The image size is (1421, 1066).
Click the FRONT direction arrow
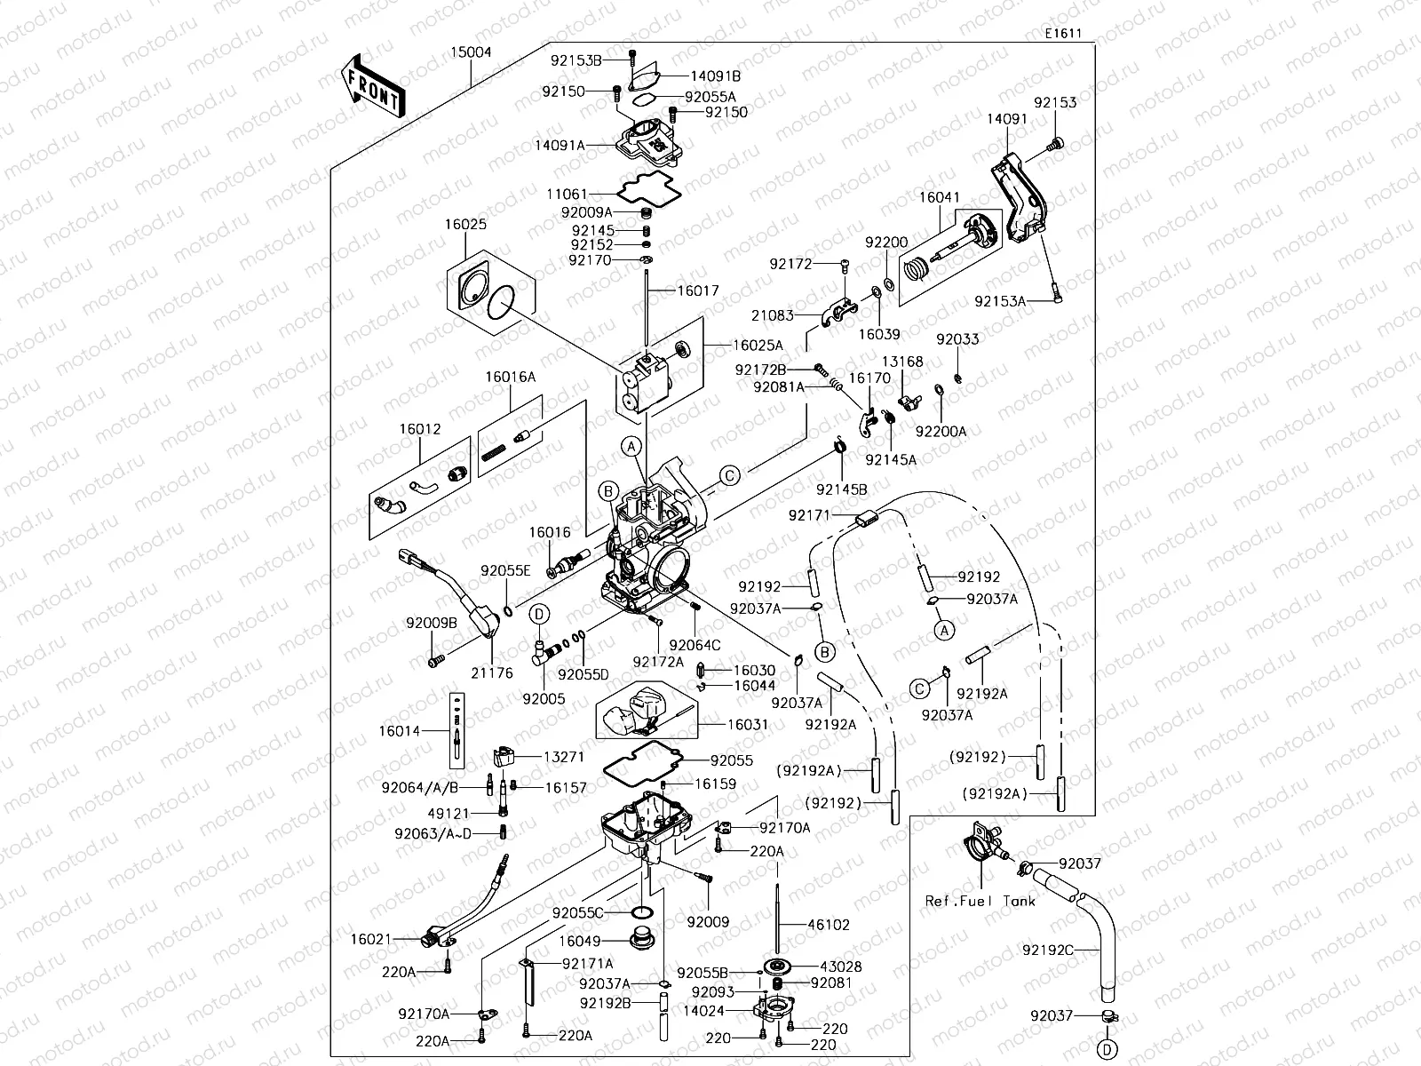372,86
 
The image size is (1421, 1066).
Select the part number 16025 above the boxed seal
465,224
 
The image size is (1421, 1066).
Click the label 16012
420,428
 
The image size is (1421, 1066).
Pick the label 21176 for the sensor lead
491,672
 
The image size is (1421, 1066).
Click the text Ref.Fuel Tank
980,901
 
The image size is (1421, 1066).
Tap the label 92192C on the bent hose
1048,950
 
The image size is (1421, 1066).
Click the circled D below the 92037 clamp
1107,1049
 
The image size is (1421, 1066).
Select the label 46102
828,925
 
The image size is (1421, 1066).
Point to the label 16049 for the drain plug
580,941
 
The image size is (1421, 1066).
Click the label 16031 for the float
748,725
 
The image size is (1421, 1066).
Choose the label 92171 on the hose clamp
809,515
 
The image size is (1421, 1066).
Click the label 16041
939,198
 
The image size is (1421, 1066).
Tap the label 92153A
1000,301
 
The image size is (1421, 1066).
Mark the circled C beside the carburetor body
728,475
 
